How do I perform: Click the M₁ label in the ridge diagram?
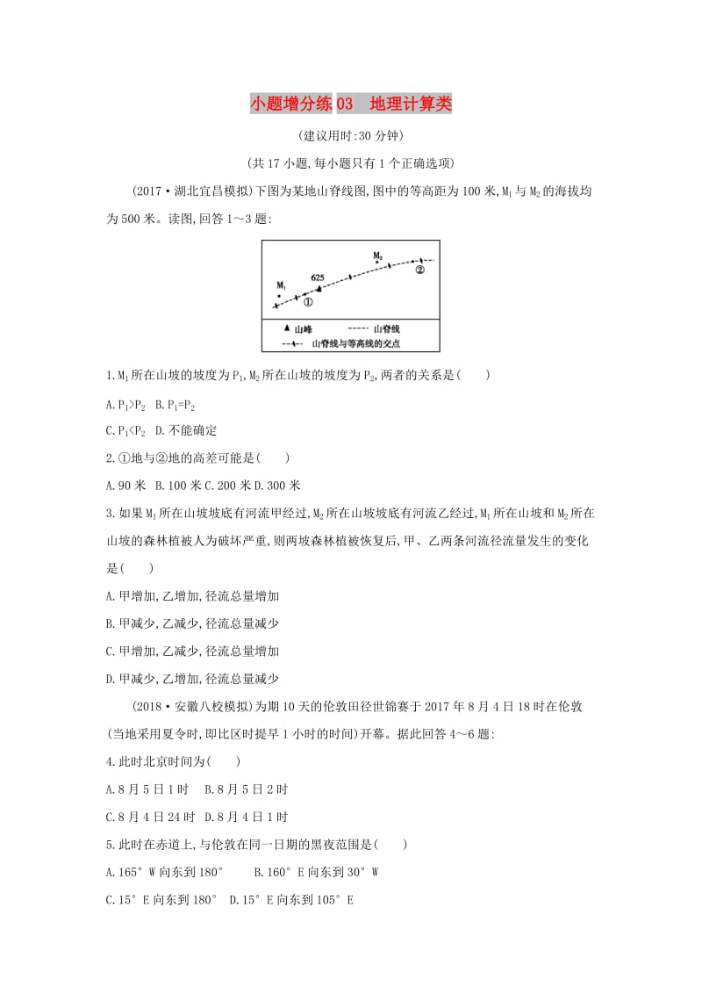point(281,285)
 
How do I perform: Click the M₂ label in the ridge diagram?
point(377,256)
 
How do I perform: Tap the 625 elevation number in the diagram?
point(318,277)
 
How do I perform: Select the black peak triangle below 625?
point(319,288)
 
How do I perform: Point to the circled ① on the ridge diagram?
point(308,301)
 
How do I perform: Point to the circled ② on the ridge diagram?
point(419,270)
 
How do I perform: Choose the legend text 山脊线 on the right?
point(387,328)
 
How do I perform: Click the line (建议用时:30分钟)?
point(350,136)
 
